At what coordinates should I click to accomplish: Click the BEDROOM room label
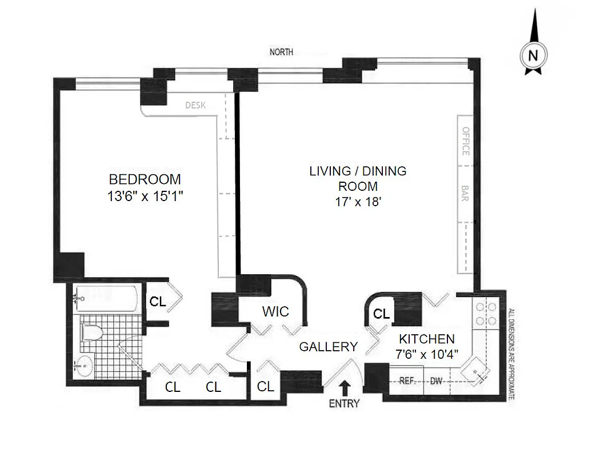pos(145,179)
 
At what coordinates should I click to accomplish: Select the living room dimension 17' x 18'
pos(358,201)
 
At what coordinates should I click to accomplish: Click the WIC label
pos(275,311)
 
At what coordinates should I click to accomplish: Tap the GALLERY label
pos(329,346)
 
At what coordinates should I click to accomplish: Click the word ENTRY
pos(345,403)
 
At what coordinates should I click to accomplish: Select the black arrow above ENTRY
pos(345,388)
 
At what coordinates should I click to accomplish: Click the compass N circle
pos(533,55)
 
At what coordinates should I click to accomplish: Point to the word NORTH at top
pos(281,52)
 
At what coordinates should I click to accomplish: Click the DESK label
pos(195,105)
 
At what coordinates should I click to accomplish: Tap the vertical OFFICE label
pos(465,141)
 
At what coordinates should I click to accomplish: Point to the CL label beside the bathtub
pos(158,302)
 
